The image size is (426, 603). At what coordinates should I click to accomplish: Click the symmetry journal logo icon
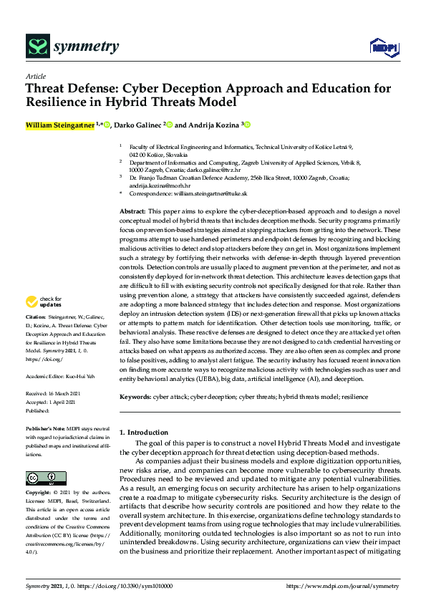[37, 47]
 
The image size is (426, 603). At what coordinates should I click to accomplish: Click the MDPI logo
[379, 48]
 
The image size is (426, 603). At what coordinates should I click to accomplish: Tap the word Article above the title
[35, 76]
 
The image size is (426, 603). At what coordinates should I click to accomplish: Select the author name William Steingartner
[59, 125]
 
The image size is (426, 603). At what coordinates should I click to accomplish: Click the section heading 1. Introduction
[143, 433]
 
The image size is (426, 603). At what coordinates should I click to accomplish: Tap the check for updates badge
[44, 321]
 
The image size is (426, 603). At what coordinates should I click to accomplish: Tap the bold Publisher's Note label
[44, 428]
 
